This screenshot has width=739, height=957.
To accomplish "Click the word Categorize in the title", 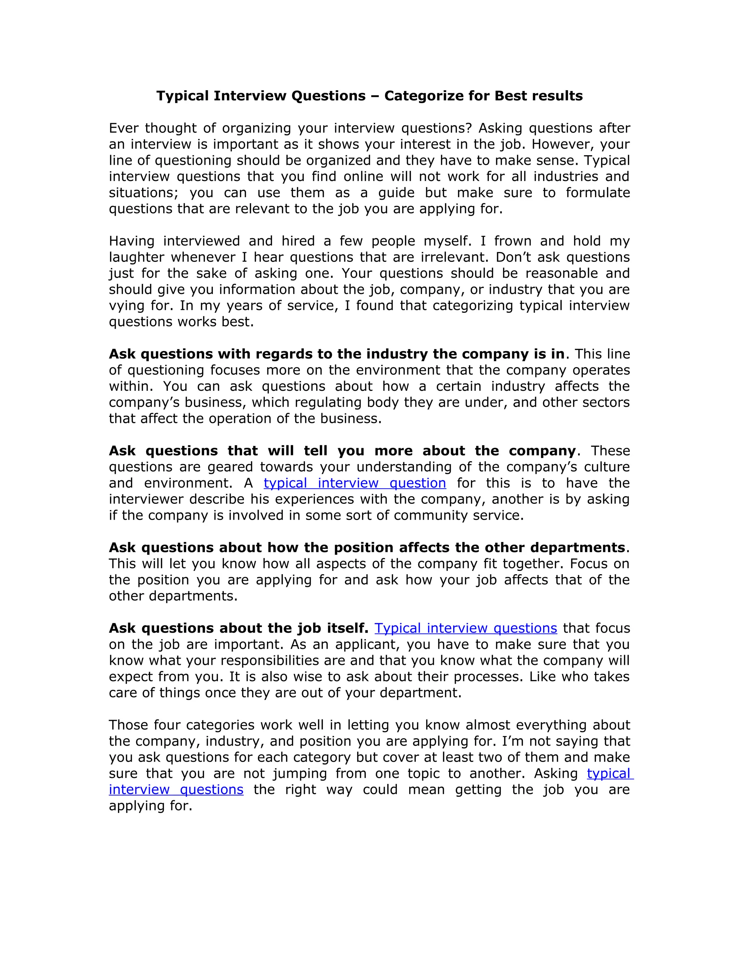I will (x=423, y=96).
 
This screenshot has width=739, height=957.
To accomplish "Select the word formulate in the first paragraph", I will (x=598, y=192).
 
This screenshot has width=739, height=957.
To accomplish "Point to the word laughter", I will (x=136, y=257).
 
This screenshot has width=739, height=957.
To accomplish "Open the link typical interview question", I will (x=355, y=483).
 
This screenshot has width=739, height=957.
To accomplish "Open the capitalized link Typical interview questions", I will (x=465, y=628).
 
